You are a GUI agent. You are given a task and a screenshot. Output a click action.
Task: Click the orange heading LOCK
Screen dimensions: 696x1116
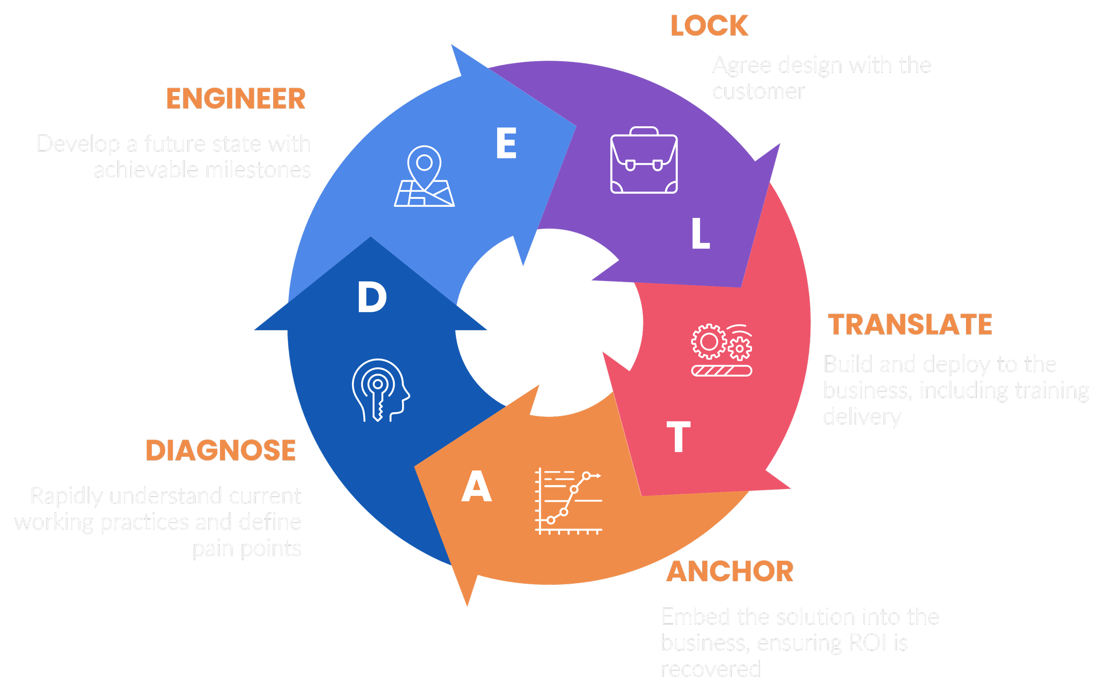pyautogui.click(x=709, y=26)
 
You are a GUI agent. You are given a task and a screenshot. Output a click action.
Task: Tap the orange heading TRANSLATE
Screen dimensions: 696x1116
pyautogui.click(x=910, y=324)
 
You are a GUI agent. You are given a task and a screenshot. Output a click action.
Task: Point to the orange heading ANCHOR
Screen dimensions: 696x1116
pyautogui.click(x=730, y=572)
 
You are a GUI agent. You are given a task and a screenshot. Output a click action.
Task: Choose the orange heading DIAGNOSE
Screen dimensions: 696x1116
pyautogui.click(x=221, y=450)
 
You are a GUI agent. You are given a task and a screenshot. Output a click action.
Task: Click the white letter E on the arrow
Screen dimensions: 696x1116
pyautogui.click(x=506, y=143)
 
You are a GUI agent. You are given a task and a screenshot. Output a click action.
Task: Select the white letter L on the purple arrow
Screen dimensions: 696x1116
pyautogui.click(x=700, y=234)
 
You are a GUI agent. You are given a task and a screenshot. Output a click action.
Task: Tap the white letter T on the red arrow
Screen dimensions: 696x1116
pyautogui.click(x=679, y=436)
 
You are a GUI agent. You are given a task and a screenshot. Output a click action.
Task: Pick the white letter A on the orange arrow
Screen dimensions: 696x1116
pyautogui.click(x=477, y=486)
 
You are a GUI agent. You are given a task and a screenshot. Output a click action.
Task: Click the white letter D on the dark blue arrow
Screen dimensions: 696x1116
pyautogui.click(x=372, y=297)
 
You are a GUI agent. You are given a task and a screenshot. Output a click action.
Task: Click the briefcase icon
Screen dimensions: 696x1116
pyautogui.click(x=644, y=160)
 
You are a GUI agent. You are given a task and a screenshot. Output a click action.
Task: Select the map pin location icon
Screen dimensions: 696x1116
pyautogui.click(x=424, y=176)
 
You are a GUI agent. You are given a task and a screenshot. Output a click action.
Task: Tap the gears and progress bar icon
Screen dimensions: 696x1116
pyautogui.click(x=721, y=350)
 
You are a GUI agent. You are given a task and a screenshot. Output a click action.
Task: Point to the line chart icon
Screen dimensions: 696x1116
pyautogui.click(x=569, y=502)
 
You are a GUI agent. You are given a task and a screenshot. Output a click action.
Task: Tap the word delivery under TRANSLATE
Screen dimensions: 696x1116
pyautogui.click(x=862, y=417)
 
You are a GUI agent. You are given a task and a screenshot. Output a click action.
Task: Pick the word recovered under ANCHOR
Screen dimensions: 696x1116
pyautogui.click(x=711, y=669)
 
